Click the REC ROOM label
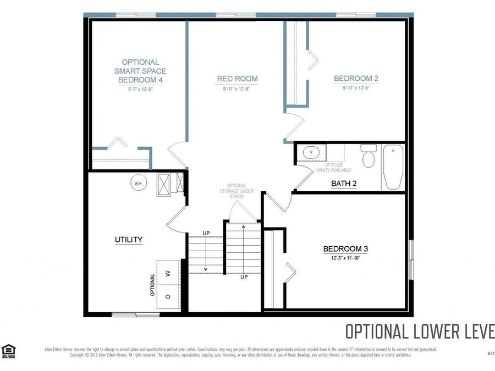pos(237,79)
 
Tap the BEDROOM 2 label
pos(356,79)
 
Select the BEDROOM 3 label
pos(345,249)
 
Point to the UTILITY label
pos(129,240)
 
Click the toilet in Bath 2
pos(369,157)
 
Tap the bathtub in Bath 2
pos(393,167)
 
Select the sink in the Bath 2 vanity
pos(311,152)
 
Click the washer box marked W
pos(168,273)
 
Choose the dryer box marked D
pos(168,297)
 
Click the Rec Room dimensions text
pos(237,88)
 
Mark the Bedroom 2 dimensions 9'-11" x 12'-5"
pos(356,87)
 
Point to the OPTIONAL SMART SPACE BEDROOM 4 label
pos(140,71)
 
